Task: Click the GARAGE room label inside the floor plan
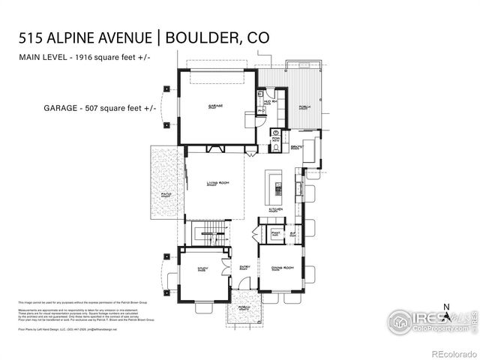click(216, 106)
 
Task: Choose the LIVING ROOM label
click(217, 182)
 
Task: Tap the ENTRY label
click(244, 267)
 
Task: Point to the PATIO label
click(166, 195)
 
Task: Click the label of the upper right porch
click(304, 107)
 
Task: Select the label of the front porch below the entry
click(243, 308)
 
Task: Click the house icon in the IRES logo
click(400, 321)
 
